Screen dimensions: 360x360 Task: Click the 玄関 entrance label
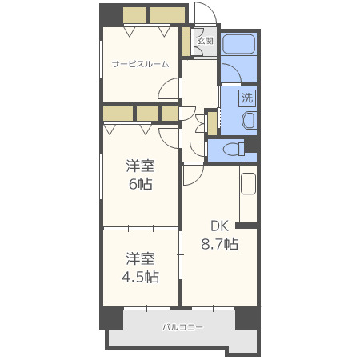coord(206,41)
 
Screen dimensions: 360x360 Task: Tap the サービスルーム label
coord(141,64)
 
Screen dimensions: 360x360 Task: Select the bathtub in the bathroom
coord(238,44)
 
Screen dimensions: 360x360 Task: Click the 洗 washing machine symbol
coord(247,98)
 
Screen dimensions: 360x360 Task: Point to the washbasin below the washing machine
coord(249,121)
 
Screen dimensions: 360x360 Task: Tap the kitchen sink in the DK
coord(248,184)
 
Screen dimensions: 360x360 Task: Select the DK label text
coord(219,226)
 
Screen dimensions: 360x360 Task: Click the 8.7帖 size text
coord(219,244)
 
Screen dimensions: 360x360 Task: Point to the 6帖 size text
coord(141,184)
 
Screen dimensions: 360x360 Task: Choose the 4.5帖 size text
coord(140,277)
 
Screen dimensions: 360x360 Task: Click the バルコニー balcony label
coord(183,327)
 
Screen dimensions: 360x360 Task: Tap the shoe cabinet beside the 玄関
coord(186,42)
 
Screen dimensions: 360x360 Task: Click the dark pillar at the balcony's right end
coord(247,318)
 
